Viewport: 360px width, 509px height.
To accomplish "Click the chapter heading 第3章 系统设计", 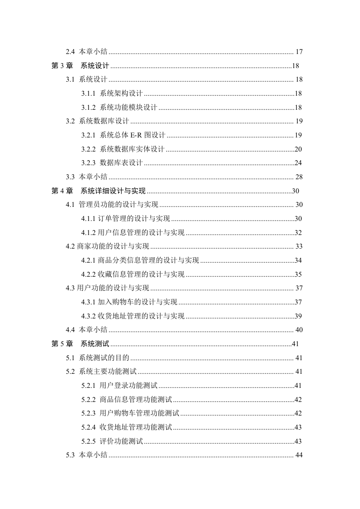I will pyautogui.click(x=79, y=66).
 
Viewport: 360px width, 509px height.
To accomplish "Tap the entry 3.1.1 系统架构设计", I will pyautogui.click(x=112, y=93).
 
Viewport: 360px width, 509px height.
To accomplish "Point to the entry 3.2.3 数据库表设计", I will pyautogui.click(x=112, y=163).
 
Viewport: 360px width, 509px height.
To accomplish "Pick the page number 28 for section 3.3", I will pyautogui.click(x=299, y=176).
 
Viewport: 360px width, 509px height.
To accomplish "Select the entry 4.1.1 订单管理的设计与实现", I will pyautogui.click(x=126, y=219).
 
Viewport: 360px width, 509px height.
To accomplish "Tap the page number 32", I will pyautogui.click(x=298, y=233).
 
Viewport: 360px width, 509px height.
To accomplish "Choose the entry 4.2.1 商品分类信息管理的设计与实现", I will pyautogui.click(x=140, y=260).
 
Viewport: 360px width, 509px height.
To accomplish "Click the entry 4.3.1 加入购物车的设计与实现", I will pyautogui.click(x=129, y=302).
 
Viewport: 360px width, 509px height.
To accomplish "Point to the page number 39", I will pyautogui.click(x=298, y=316).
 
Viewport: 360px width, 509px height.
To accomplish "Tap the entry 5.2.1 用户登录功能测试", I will pyautogui.click(x=119, y=386).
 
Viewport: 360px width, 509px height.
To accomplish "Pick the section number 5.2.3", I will pyautogui.click(x=88, y=413).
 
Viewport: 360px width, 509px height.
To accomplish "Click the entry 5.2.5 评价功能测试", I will pyautogui.click(x=112, y=441).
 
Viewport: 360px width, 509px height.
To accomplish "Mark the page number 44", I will pyautogui.click(x=299, y=455).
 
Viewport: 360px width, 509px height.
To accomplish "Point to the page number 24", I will pyautogui.click(x=298, y=163).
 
